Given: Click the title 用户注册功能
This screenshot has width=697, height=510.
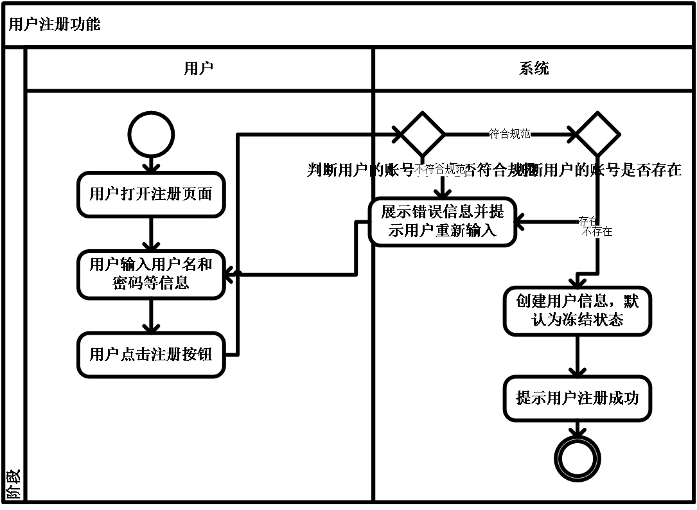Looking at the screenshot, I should (x=55, y=25).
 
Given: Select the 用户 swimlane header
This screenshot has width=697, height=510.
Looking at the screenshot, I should (x=199, y=69).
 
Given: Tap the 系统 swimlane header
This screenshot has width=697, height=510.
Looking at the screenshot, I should (x=534, y=69).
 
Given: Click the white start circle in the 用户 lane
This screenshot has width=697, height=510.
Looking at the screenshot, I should (x=151, y=135).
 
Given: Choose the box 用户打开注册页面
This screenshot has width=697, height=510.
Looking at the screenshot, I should (x=151, y=194).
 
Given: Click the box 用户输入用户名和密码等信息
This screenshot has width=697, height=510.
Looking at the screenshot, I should (x=151, y=274).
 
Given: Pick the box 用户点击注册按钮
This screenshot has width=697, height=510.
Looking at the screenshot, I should (x=151, y=354).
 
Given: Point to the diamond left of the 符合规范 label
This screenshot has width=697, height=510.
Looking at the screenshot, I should (x=422, y=135).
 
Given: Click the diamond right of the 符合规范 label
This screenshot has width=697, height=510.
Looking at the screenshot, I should (x=597, y=135).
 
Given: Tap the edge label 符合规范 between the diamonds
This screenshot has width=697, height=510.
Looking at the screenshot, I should (x=509, y=134).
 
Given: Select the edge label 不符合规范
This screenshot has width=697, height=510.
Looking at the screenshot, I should (x=439, y=170).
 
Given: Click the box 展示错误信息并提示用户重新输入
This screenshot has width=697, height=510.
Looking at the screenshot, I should (x=442, y=222).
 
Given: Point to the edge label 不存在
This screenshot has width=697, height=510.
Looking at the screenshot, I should (x=597, y=232).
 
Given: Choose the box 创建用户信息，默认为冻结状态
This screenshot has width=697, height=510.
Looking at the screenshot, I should (x=577, y=311).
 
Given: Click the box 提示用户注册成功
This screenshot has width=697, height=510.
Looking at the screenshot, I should (x=577, y=398).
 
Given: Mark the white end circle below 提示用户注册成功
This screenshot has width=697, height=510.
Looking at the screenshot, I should (x=577, y=459).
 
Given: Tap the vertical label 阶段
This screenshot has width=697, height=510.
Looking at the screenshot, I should (x=13, y=485).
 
